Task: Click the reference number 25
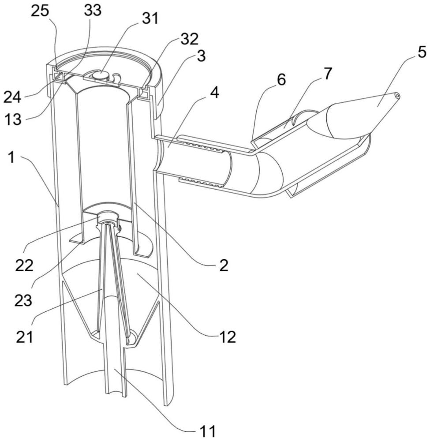[40, 11]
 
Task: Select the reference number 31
[150, 19]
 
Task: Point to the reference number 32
[190, 39]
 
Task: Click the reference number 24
[12, 97]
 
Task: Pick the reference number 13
[13, 119]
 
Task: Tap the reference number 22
[24, 265]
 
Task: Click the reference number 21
[24, 336]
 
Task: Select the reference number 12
[227, 336]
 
